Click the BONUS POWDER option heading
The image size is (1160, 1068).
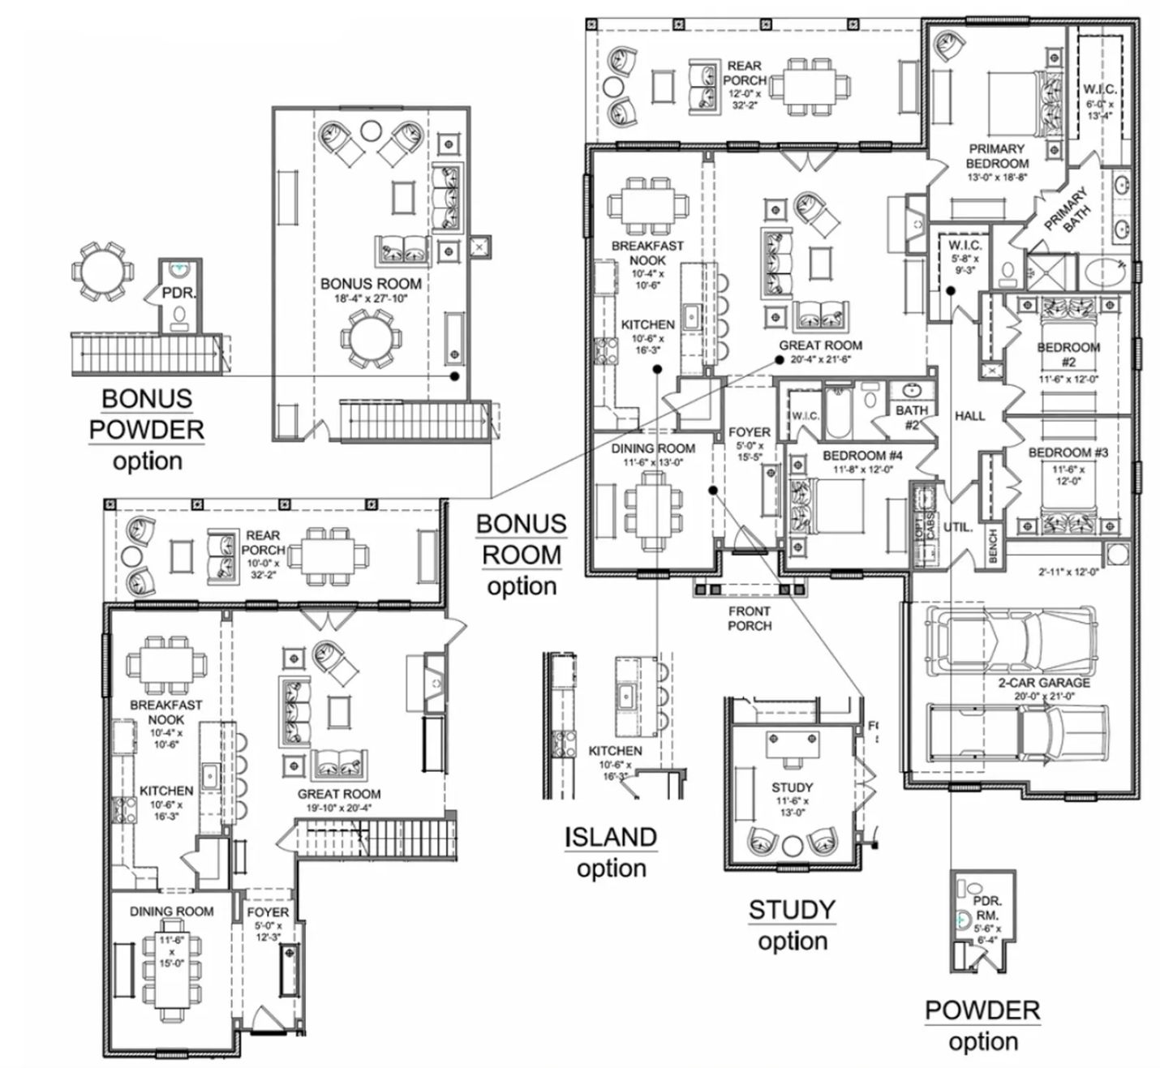tap(146, 429)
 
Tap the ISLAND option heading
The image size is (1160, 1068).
tap(611, 851)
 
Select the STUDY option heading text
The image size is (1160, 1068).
tap(792, 924)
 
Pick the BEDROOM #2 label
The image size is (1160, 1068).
tap(1068, 355)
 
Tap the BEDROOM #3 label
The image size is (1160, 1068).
tap(1068, 453)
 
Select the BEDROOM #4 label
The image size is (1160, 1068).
tap(862, 455)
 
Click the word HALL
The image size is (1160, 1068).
tap(969, 416)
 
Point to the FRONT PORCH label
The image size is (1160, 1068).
tap(750, 619)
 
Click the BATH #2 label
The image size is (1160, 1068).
tap(912, 417)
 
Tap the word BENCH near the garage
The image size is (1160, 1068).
tap(993, 545)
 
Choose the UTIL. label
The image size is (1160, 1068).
tap(958, 527)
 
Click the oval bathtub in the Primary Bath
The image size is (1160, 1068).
tap(1102, 271)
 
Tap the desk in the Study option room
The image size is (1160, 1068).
tap(792, 745)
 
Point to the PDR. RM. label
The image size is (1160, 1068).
tap(987, 908)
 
